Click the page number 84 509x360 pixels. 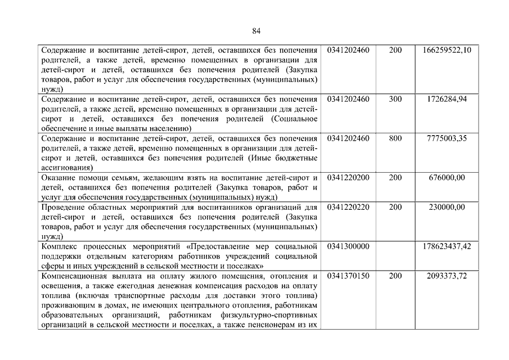(256, 30)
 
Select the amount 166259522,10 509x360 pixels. (447, 51)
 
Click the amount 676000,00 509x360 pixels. (447, 178)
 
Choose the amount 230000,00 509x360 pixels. (447, 208)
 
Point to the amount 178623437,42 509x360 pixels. (447, 247)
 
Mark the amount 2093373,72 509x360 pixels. (447, 276)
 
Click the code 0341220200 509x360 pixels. (348, 178)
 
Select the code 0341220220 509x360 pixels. (348, 208)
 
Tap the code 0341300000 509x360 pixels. (348, 247)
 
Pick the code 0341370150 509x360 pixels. (348, 276)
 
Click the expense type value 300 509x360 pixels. (395, 99)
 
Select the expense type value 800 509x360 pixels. (395, 138)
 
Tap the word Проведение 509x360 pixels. (64, 208)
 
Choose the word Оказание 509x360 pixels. (59, 178)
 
